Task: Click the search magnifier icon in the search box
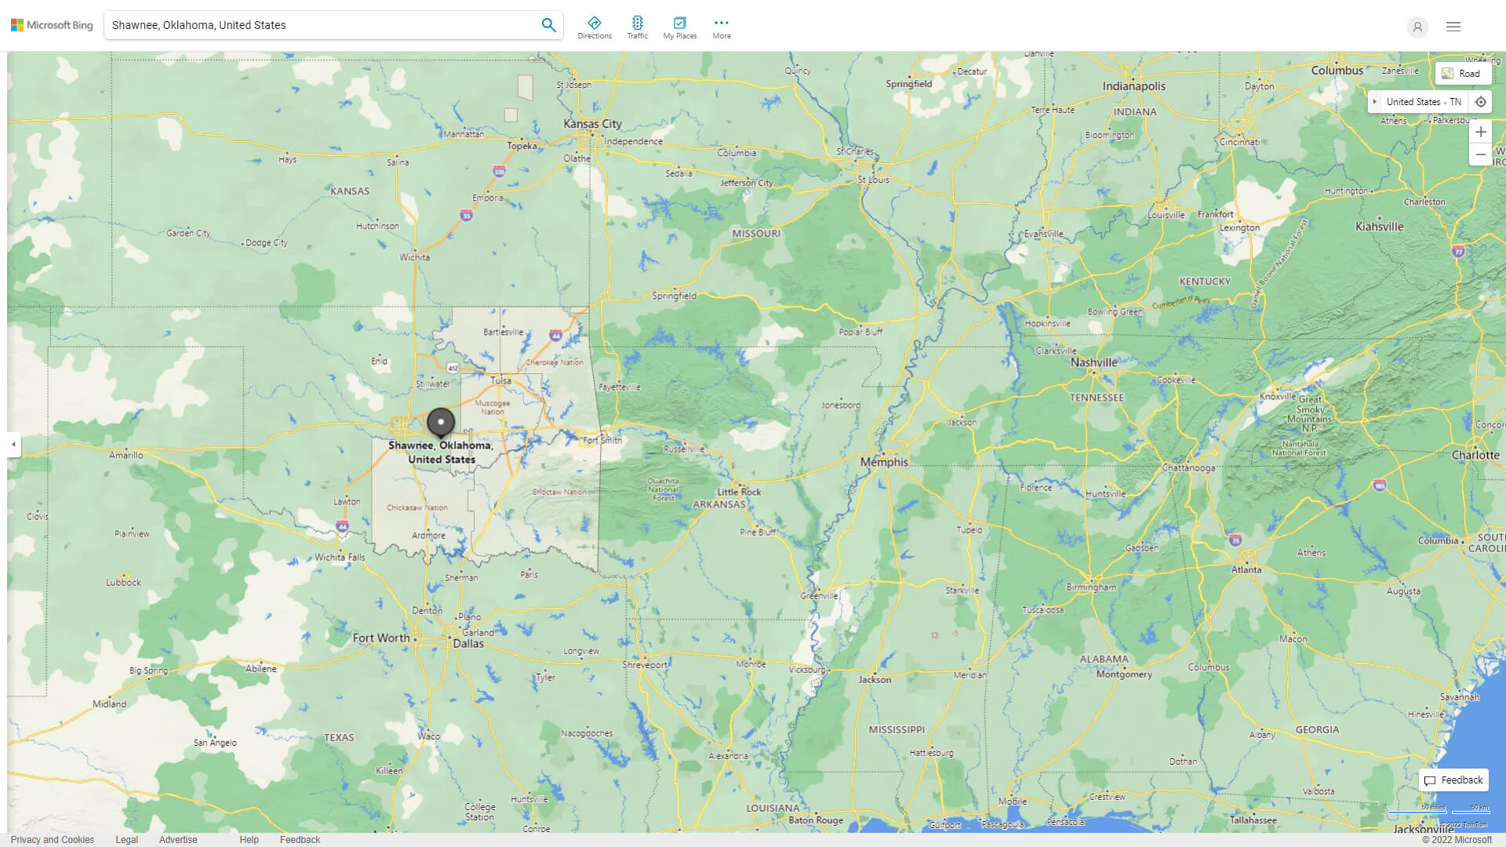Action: pyautogui.click(x=548, y=25)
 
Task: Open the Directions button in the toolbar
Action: pyautogui.click(x=595, y=27)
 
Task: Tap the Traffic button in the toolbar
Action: pyautogui.click(x=637, y=27)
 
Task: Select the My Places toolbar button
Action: pyautogui.click(x=679, y=27)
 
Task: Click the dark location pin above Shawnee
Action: pyautogui.click(x=441, y=422)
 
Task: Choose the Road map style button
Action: pyautogui.click(x=1462, y=74)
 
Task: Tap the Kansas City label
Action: pyautogui.click(x=592, y=124)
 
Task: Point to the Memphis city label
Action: pyautogui.click(x=884, y=462)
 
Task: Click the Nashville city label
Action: pyautogui.click(x=1093, y=362)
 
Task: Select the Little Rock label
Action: pyautogui.click(x=739, y=492)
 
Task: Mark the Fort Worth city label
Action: pyautogui.click(x=381, y=638)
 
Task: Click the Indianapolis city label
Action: pyautogui.click(x=1133, y=86)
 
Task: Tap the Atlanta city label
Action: pyautogui.click(x=1246, y=570)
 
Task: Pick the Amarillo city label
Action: pyautogui.click(x=126, y=455)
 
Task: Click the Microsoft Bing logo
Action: pyautogui.click(x=52, y=25)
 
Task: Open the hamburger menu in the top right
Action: pyautogui.click(x=1453, y=27)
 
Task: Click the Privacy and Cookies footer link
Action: pyautogui.click(x=53, y=840)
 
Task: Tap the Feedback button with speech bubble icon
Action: pyautogui.click(x=1453, y=780)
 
